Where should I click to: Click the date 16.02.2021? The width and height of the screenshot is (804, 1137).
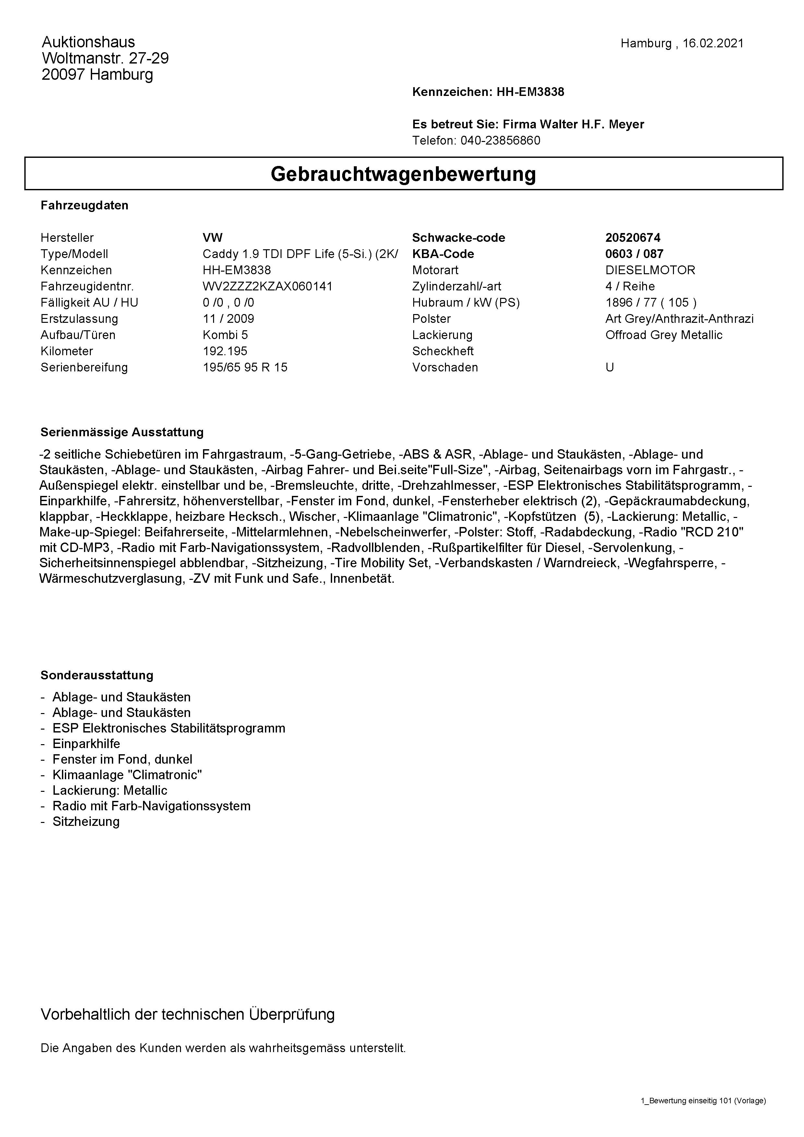pos(713,43)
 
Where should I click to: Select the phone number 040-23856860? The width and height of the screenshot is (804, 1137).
pos(500,141)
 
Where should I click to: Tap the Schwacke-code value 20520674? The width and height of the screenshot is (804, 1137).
pos(633,238)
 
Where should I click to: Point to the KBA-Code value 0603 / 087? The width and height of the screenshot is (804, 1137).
pos(634,254)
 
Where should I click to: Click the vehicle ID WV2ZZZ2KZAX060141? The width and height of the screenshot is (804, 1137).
pos(268,286)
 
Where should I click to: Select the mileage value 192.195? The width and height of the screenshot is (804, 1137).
pos(225,351)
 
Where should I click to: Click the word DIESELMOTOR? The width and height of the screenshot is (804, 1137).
pos(650,270)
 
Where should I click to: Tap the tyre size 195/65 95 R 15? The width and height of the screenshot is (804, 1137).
pos(245,368)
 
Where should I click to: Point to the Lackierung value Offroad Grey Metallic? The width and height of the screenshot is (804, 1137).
pos(663,335)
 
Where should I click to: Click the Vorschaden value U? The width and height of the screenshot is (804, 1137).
pos(609,368)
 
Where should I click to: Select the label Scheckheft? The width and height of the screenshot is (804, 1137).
pos(442,351)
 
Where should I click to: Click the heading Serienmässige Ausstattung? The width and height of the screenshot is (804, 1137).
pos(122,432)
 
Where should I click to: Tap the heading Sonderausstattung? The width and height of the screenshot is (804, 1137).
pos(97,675)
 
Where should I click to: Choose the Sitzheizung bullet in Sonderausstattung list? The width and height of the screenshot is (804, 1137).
pos(86,822)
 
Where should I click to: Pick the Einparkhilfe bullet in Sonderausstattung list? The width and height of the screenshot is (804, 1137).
pos(86,744)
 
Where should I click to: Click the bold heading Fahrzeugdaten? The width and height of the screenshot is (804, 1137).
pos(85,205)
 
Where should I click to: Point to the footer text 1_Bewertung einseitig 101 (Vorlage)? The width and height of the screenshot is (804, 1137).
pos(703,1101)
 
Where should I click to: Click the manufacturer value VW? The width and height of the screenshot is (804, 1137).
pos(212,238)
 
